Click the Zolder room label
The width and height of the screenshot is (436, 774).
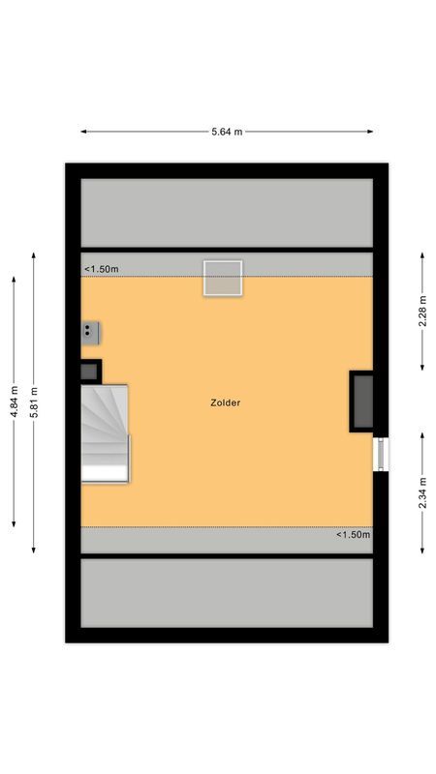click(225, 402)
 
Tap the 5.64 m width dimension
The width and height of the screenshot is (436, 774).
click(227, 132)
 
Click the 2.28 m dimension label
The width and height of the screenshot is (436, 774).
click(422, 311)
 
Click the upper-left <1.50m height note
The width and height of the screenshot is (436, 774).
click(101, 269)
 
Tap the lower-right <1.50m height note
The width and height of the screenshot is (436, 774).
click(353, 535)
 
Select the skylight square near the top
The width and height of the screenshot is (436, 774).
click(222, 278)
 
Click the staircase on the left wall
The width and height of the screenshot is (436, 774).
click(105, 432)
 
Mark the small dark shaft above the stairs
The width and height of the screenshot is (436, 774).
click(89, 371)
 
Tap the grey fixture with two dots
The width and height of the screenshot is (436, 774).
click(90, 332)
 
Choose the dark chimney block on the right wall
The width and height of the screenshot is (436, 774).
click(362, 401)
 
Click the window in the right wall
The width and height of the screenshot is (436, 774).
click(381, 454)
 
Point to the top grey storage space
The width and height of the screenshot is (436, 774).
click(227, 213)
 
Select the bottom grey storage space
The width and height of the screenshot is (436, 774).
click(227, 593)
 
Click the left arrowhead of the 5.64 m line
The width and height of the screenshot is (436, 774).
click(82, 132)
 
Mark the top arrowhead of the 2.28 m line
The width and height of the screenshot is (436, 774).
click(422, 254)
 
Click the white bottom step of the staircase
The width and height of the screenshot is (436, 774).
click(105, 472)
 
